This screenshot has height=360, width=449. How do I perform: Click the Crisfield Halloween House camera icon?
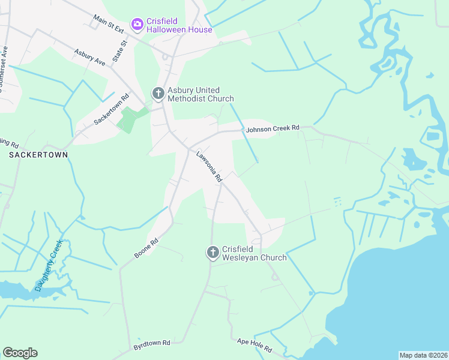(x=137, y=23)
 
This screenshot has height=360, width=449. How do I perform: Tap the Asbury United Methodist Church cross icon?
(x=158, y=93)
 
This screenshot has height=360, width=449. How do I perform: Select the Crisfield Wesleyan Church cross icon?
(x=212, y=253)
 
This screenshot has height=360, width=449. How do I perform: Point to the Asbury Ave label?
(x=90, y=58)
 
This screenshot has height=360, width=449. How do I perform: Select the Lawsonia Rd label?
(x=209, y=166)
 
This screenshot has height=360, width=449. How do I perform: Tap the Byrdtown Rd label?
(x=152, y=343)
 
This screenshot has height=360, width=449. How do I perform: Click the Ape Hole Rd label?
(x=255, y=345)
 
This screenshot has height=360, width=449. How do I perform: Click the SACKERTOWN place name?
(x=38, y=154)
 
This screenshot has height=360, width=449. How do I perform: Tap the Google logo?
(x=20, y=353)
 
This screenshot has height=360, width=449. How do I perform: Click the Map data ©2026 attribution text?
(x=423, y=355)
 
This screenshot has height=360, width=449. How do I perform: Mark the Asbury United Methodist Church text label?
(x=200, y=94)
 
